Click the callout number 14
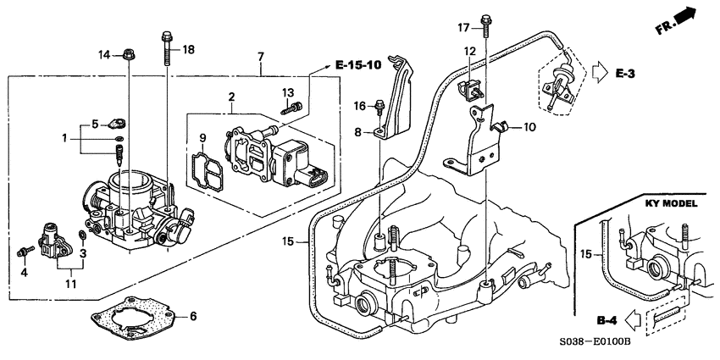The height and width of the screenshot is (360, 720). coord(103,55)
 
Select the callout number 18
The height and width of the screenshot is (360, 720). coord(188,50)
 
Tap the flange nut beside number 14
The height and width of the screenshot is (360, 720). coord(127,56)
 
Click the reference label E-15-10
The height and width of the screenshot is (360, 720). coord(357,64)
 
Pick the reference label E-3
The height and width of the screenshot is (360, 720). coord(626,75)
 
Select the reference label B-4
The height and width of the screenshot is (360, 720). coord(606,320)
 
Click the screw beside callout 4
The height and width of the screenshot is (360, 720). coord(26,251)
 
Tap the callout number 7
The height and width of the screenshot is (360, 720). coord(261,56)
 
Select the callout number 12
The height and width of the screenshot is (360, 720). coord(468,53)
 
